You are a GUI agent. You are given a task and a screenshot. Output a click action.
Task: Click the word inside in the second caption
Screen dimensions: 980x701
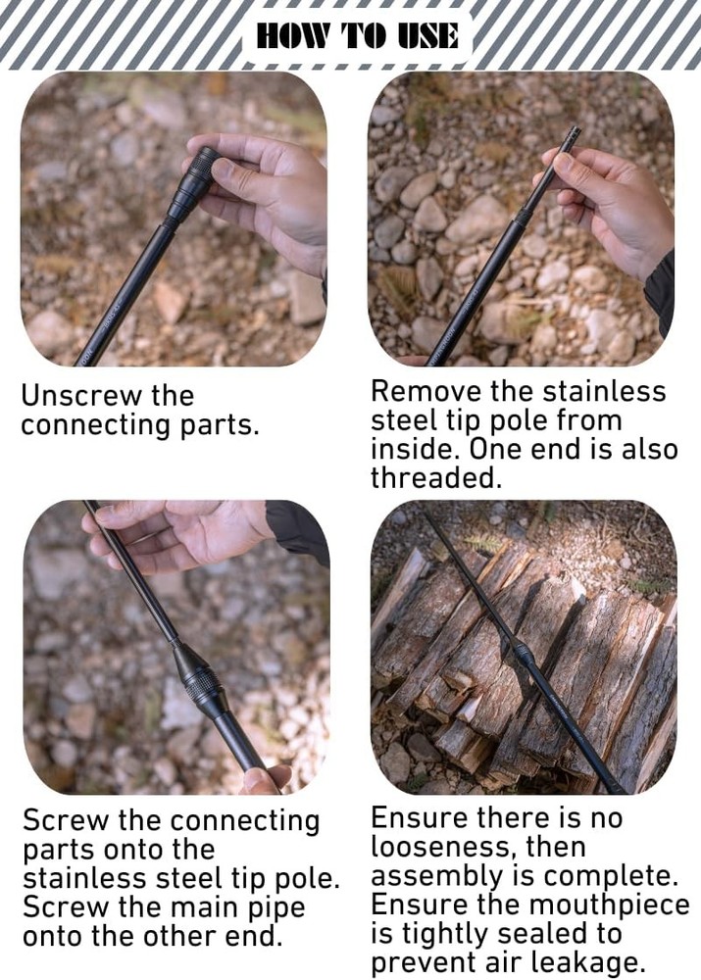coord(415,449)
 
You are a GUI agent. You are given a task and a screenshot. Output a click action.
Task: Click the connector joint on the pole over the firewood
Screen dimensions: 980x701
coord(524,653)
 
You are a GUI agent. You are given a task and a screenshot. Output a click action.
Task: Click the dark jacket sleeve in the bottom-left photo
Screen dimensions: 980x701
coord(299,529)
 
